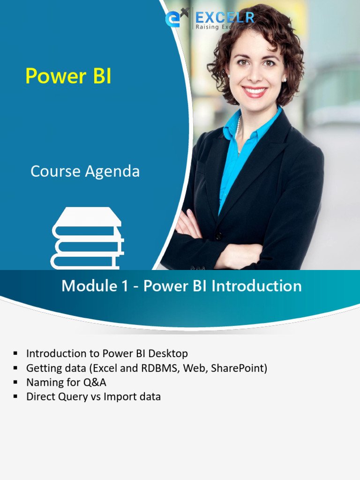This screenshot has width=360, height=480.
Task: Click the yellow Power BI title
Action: click(68, 76)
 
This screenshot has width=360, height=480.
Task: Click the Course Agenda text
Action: click(85, 172)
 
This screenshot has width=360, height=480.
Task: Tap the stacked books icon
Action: click(87, 239)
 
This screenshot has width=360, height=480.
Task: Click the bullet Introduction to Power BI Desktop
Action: click(107, 353)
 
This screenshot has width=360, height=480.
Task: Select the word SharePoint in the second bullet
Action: click(239, 368)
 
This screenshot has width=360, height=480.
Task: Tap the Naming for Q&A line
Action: click(66, 382)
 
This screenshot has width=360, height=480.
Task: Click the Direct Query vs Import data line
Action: click(93, 397)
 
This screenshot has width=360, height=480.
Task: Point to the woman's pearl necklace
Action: click(239, 127)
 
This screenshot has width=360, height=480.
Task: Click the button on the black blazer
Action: click(218, 236)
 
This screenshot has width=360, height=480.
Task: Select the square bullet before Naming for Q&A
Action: click(16, 382)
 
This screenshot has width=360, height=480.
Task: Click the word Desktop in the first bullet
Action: click(168, 353)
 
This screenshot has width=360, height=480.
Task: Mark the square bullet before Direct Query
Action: click(16, 397)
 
